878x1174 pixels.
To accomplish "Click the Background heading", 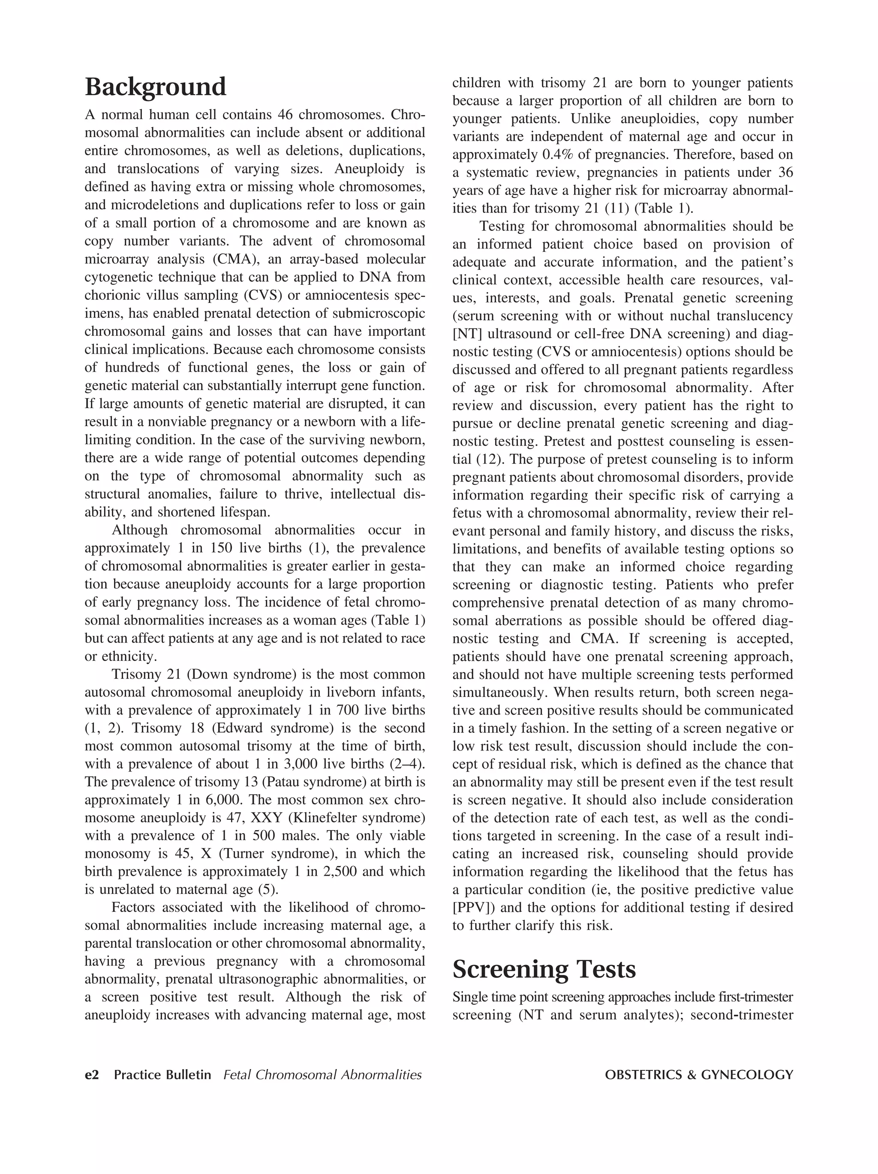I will click(155, 87).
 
